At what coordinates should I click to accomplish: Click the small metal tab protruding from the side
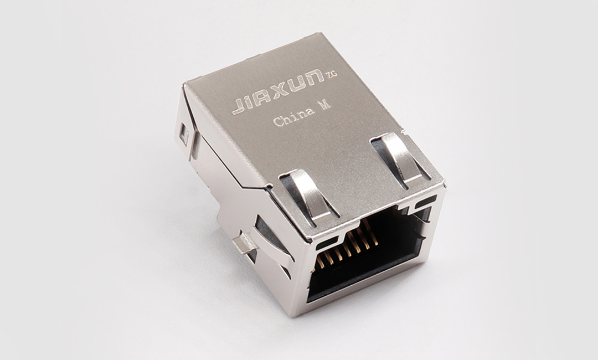pos(243,244)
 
